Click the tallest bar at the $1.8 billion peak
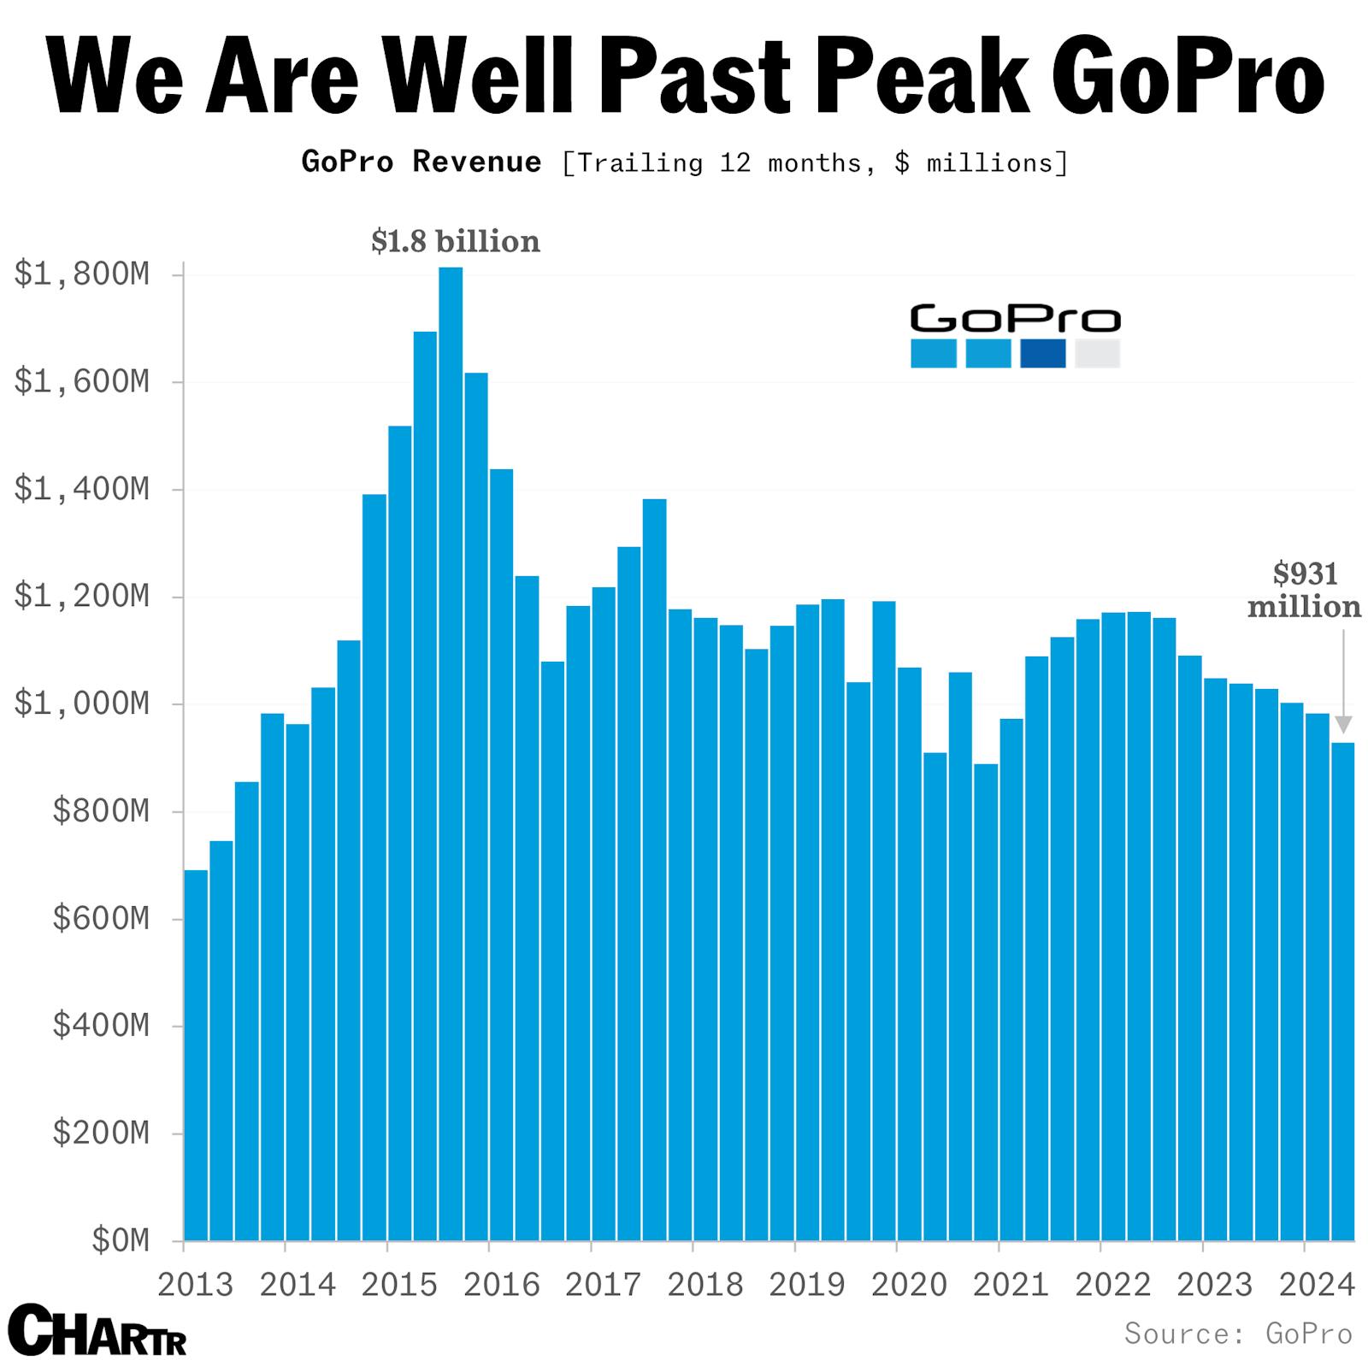pos(451,752)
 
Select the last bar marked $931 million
pos(1342,992)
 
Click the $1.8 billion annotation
pos(456,242)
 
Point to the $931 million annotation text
pos(1304,590)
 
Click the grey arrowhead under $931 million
pos(1343,725)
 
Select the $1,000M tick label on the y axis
pos(82,704)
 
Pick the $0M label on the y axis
pos(121,1240)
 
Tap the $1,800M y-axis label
pos(82,274)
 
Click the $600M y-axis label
pos(101,919)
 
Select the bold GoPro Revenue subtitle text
pos(422,162)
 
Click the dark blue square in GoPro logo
pos(1043,353)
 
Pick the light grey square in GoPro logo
pos(1097,353)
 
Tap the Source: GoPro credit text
pos(1238,1334)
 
